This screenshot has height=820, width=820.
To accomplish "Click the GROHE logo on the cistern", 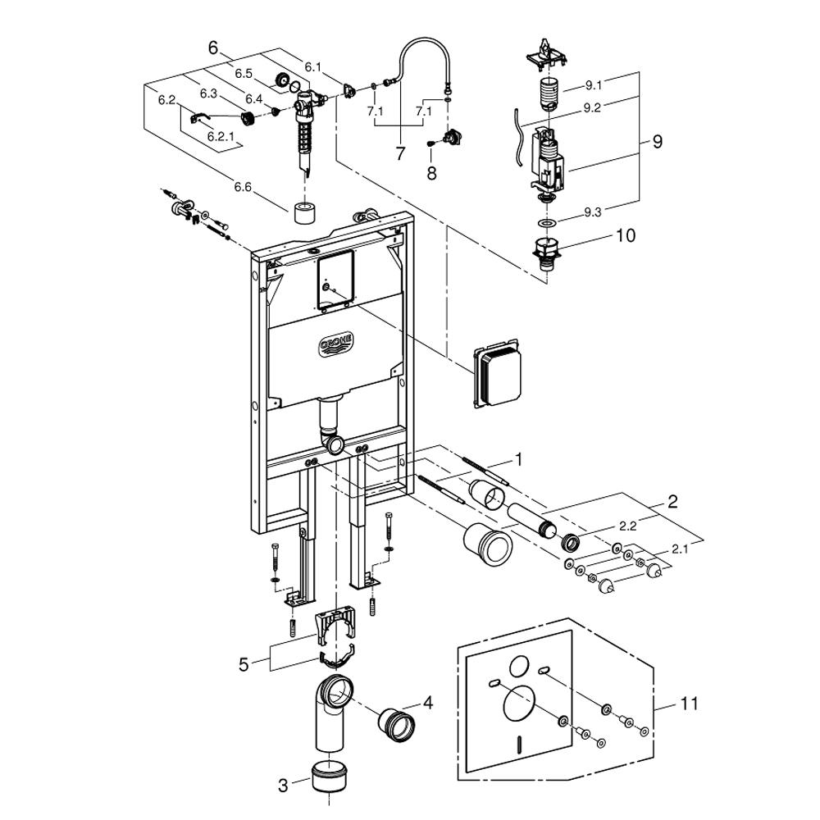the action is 336,344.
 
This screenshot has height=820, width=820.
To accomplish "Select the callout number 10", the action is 626,235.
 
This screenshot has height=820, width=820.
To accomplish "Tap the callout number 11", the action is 690,704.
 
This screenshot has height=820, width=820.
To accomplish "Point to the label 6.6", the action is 243,187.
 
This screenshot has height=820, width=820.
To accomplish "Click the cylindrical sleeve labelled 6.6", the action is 306,212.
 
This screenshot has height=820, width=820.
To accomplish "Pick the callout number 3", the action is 283,785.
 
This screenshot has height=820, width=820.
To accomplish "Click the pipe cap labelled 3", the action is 330,777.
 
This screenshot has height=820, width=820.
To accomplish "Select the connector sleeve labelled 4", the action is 396,724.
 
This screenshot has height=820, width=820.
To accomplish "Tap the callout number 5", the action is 244,665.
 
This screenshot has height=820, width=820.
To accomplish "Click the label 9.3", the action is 593,212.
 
